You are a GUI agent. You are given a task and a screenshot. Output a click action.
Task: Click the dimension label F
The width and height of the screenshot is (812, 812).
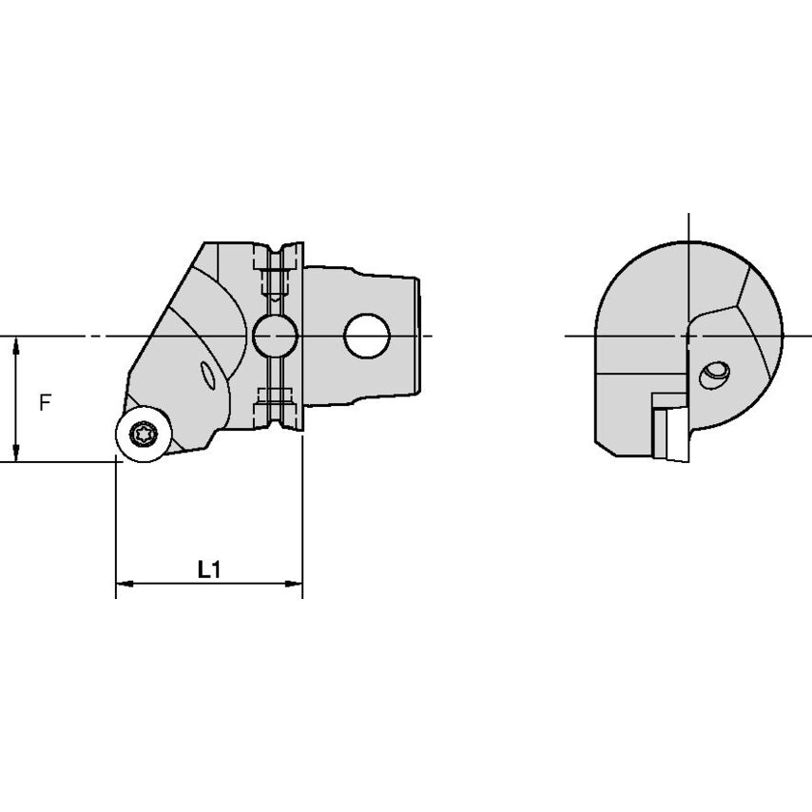pyautogui.click(x=45, y=402)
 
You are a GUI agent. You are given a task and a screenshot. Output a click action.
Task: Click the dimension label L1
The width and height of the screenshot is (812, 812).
pyautogui.click(x=208, y=570)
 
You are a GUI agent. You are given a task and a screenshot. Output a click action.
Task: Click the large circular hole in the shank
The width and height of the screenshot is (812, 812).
pyautogui.click(x=367, y=335)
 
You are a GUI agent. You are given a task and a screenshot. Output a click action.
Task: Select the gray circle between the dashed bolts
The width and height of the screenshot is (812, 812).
pyautogui.click(x=275, y=335)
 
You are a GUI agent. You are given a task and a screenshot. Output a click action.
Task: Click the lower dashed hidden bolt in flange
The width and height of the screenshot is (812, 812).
pyautogui.click(x=274, y=396)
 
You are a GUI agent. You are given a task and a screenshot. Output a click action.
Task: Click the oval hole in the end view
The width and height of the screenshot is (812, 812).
pyautogui.click(x=714, y=375)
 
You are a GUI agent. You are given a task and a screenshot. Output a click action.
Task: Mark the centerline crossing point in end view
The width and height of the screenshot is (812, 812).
pyautogui.click(x=686, y=336)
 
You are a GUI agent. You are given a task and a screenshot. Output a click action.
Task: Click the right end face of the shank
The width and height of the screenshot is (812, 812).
pyautogui.click(x=416, y=335)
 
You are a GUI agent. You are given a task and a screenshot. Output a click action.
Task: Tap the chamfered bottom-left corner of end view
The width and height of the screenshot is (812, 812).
pyautogui.click(x=598, y=447)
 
